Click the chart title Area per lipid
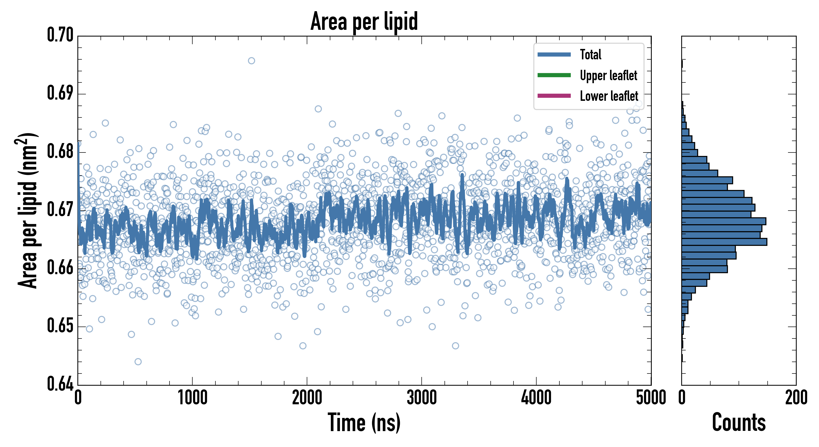click(364, 21)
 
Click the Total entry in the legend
click(590, 54)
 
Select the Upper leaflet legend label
click(608, 75)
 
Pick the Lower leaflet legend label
click(609, 96)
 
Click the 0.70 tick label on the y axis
click(60, 35)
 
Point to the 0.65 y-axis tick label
click(60, 326)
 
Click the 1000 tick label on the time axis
click(192, 398)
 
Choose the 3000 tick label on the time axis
click(422, 398)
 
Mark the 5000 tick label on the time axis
click(651, 398)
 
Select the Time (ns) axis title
click(364, 422)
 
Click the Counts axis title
click(739, 422)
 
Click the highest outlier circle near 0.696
click(251, 61)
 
